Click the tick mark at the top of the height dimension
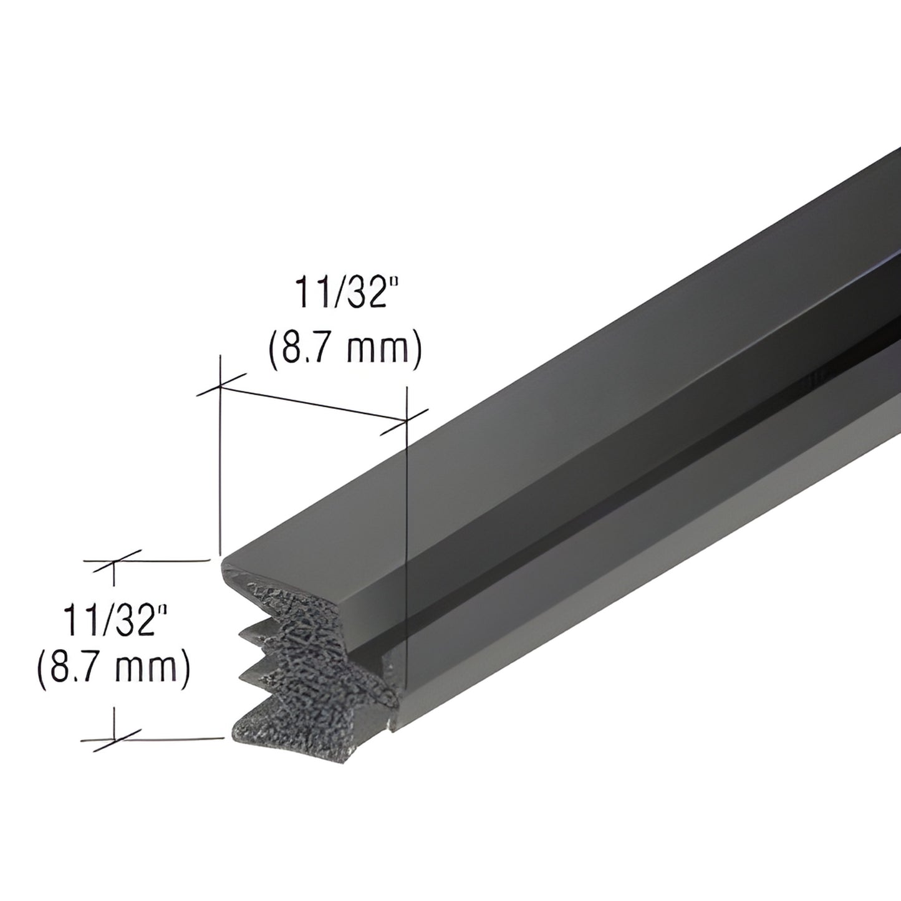(113, 561)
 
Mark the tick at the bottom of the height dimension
(113, 740)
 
